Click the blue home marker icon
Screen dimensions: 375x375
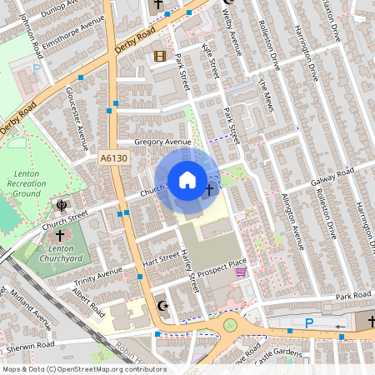(187, 180)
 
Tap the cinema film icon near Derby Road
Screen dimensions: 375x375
(159, 56)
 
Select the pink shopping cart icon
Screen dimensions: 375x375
(241, 272)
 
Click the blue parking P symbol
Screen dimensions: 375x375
(310, 323)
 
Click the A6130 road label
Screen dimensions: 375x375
(113, 157)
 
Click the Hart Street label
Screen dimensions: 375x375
(161, 261)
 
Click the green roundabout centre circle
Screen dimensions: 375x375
(229, 325)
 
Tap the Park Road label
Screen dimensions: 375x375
(352, 297)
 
